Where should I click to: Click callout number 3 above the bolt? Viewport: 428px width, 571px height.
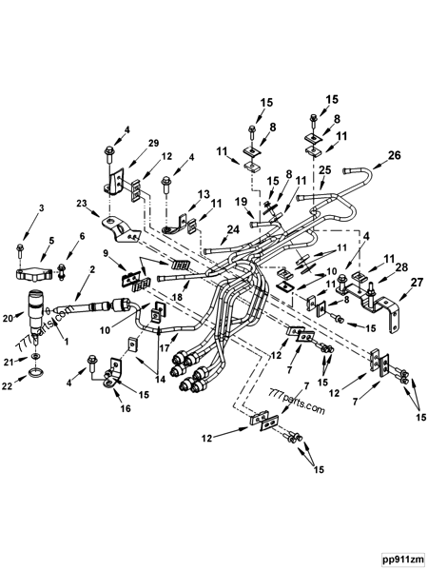[14, 207]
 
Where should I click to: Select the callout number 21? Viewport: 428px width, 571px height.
[8, 363]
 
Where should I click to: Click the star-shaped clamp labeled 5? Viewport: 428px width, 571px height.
[32, 275]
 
